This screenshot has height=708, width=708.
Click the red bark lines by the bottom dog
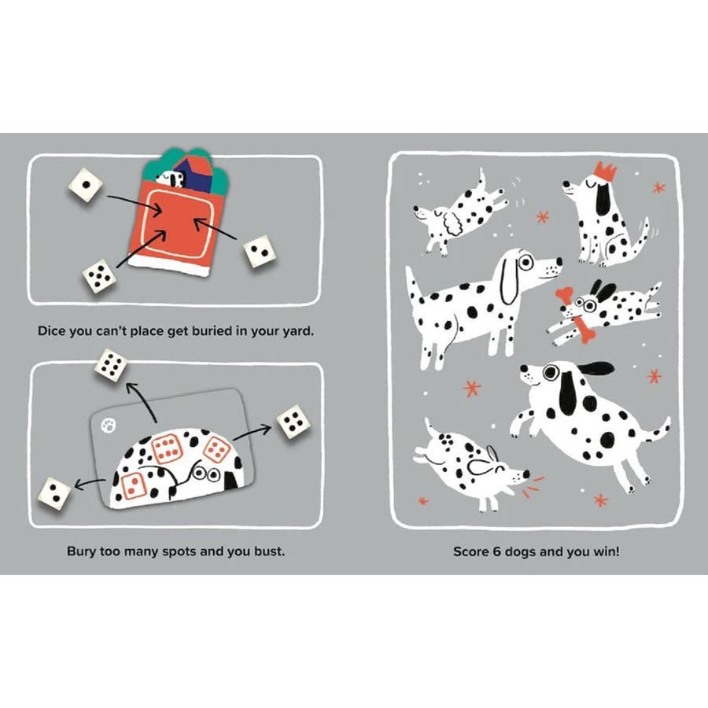click(535, 478)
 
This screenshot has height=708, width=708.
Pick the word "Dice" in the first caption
click(53, 331)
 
